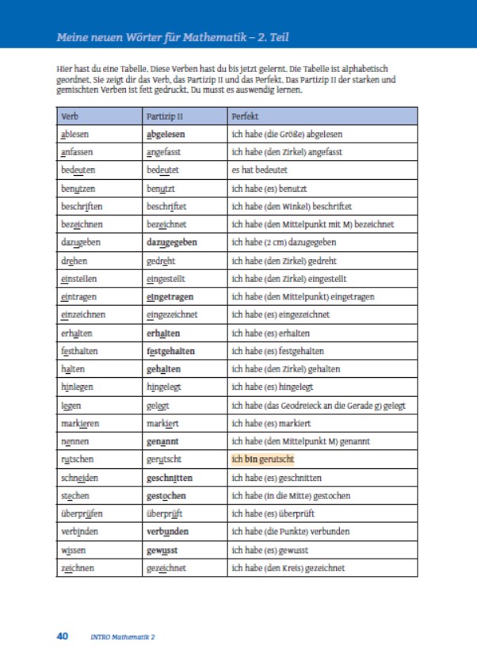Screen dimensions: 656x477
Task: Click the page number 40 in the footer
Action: (63, 635)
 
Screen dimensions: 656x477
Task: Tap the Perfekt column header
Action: (244, 116)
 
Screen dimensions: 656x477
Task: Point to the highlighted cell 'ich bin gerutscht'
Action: (262, 460)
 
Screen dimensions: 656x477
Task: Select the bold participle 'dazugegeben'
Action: (172, 242)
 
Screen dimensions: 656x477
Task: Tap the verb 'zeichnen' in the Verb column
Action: (78, 568)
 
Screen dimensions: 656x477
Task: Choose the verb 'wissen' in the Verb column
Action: (74, 550)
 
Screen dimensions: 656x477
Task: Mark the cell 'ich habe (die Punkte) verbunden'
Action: (290, 532)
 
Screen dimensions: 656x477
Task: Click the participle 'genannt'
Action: (163, 441)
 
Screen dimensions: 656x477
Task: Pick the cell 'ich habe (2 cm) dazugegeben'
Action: (284, 242)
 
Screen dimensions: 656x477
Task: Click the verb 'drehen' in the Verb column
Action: (74, 261)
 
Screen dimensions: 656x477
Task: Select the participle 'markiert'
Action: (163, 423)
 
